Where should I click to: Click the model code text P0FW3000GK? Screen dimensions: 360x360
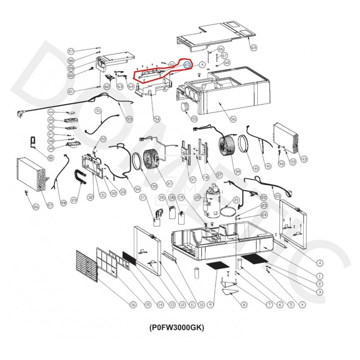click(x=176, y=328)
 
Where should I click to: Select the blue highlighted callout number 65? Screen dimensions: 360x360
click(x=187, y=65)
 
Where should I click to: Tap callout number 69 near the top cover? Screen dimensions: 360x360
click(x=253, y=48)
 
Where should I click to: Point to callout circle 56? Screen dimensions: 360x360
click(x=233, y=119)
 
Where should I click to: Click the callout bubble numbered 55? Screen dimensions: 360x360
click(x=194, y=119)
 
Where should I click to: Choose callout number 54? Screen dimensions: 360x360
click(x=157, y=119)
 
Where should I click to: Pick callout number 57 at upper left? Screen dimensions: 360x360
click(x=71, y=51)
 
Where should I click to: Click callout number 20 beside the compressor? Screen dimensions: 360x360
click(x=197, y=197)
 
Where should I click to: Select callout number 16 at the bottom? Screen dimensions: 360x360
click(x=133, y=305)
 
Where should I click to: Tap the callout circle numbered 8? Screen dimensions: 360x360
click(x=244, y=305)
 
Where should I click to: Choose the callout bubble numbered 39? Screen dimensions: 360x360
click(x=238, y=171)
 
